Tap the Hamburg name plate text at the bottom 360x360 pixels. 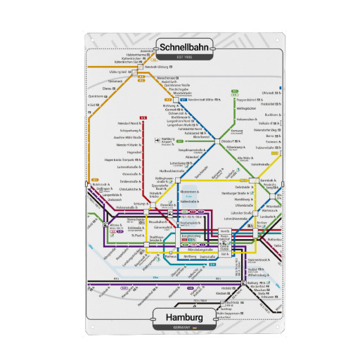pyautogui.click(x=179, y=318)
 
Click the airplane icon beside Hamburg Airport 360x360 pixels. pyautogui.click(x=157, y=140)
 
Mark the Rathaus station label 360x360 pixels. pyautogui.click(x=172, y=257)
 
